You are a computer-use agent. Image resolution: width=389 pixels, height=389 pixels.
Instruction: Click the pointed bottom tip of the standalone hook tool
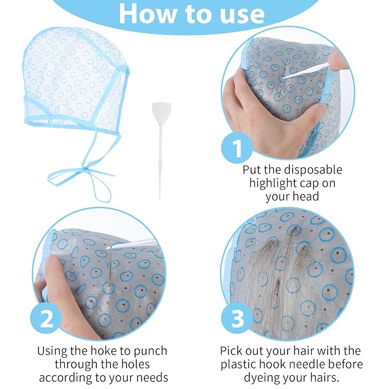(x=159, y=198)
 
